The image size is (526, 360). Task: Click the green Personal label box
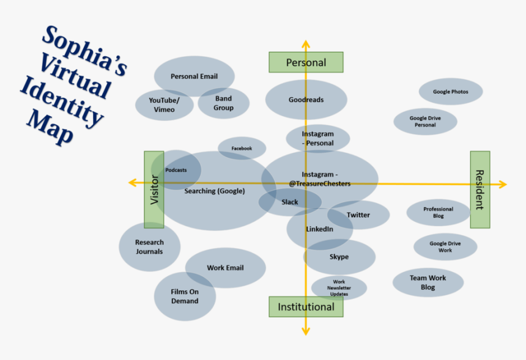306,62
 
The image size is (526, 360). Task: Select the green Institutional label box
306,307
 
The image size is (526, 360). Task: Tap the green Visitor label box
154,189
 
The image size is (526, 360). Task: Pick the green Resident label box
480,189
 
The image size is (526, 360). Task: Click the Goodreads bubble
306,100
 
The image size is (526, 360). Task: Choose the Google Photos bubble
451,92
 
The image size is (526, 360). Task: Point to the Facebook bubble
242,149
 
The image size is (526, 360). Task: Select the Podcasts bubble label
176,170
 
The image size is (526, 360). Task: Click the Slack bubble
290,202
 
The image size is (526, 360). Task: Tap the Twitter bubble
358,215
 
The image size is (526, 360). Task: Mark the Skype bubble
339,257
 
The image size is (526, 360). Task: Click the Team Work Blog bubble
428,282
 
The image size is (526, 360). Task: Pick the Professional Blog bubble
438,213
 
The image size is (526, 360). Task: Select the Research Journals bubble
149,247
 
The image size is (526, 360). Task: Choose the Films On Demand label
185,296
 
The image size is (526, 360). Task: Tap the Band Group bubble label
223,103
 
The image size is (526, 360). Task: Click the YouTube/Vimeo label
164,105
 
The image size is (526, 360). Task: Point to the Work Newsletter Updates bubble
339,288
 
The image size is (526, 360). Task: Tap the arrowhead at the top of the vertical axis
305,44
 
